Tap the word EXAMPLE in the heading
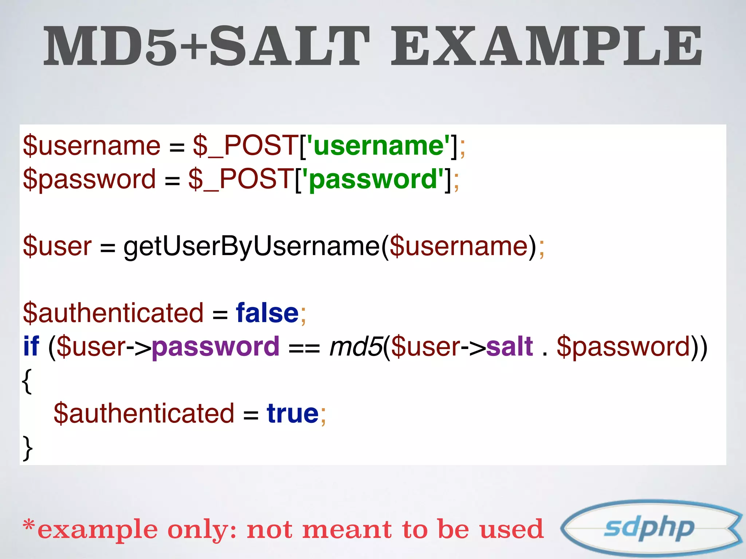546,46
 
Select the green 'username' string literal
379,146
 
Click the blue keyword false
267,313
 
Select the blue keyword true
292,413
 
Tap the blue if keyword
31,346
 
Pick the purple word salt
509,346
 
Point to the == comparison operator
304,348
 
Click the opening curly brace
27,381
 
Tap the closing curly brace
28,448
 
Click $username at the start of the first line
91,146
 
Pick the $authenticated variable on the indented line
144,413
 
